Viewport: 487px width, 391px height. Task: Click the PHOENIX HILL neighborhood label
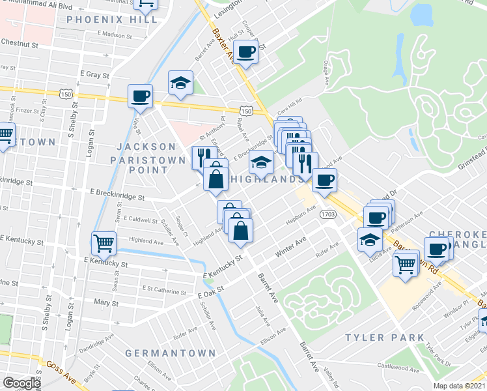(111, 20)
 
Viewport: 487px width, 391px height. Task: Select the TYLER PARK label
(385, 338)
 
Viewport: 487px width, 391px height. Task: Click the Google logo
(21, 383)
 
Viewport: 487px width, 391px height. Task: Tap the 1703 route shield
(329, 214)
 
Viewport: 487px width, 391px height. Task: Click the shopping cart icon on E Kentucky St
(104, 244)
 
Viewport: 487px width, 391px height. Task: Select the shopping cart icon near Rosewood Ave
(406, 265)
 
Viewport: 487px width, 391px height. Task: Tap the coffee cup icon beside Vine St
(140, 96)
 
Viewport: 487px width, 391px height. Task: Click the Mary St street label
(102, 303)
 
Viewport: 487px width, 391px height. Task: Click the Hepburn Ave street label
(301, 216)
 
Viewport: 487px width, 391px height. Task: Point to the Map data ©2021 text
(459, 386)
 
